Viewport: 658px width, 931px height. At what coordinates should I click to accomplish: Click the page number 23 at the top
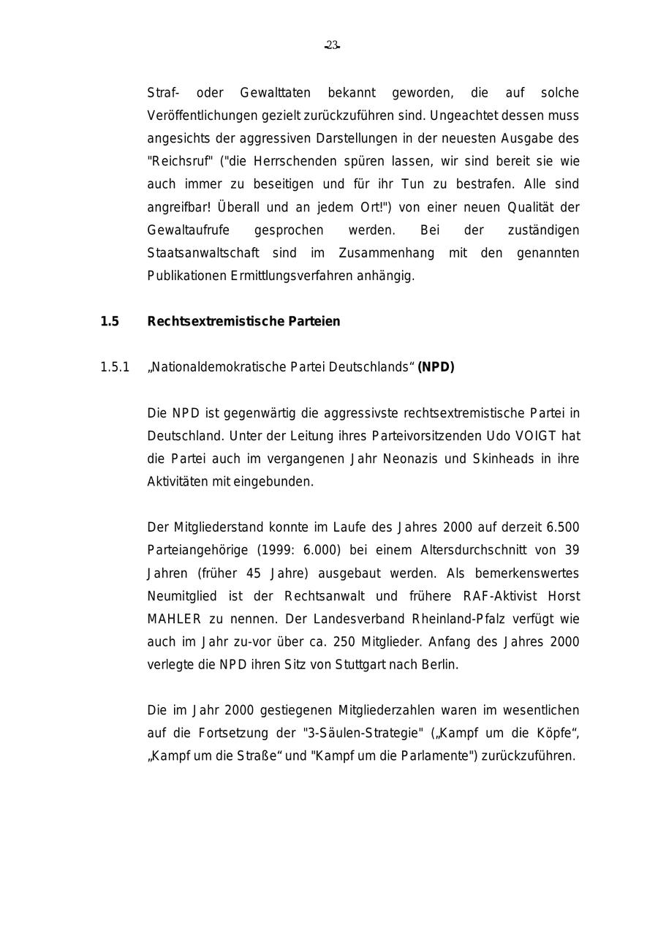pyautogui.click(x=332, y=45)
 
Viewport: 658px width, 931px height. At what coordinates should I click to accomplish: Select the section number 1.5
pyautogui.click(x=110, y=321)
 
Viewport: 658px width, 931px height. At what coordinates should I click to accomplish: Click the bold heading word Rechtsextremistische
pyautogui.click(x=208, y=321)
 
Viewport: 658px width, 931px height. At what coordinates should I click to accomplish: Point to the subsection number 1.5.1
pyautogui.click(x=115, y=367)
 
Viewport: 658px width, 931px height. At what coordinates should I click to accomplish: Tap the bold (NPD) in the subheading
pyautogui.click(x=436, y=367)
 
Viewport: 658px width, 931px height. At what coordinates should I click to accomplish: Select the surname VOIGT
pyautogui.click(x=536, y=436)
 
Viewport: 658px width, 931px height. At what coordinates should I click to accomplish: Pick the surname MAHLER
pyautogui.click(x=174, y=619)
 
